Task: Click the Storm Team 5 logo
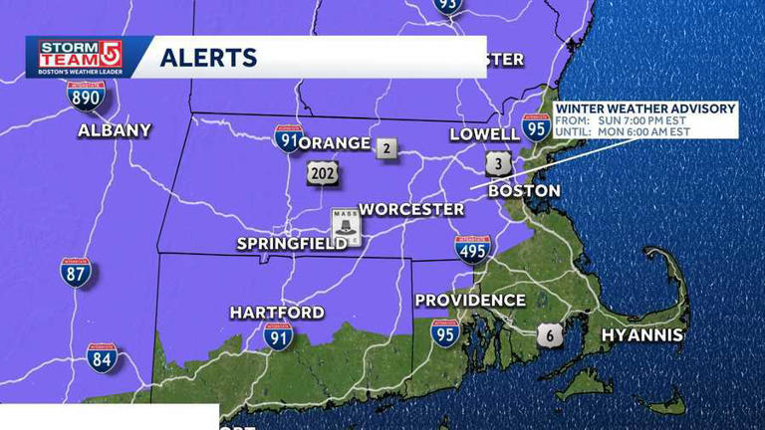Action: [81, 57]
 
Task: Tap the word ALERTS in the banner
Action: [208, 58]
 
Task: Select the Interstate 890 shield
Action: [87, 96]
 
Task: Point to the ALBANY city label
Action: [115, 130]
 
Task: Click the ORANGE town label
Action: [335, 143]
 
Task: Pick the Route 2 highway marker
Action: [386, 149]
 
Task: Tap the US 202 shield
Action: [323, 172]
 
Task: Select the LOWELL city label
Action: [484, 133]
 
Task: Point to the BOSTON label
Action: [525, 190]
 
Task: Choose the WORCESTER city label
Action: [411, 209]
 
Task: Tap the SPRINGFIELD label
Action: [292, 244]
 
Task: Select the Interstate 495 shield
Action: [472, 249]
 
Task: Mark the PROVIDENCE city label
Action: [470, 300]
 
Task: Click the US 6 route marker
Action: [549, 334]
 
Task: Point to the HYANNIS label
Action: [642, 335]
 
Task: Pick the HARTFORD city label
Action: [277, 313]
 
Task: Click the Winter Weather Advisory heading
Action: [645, 108]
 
